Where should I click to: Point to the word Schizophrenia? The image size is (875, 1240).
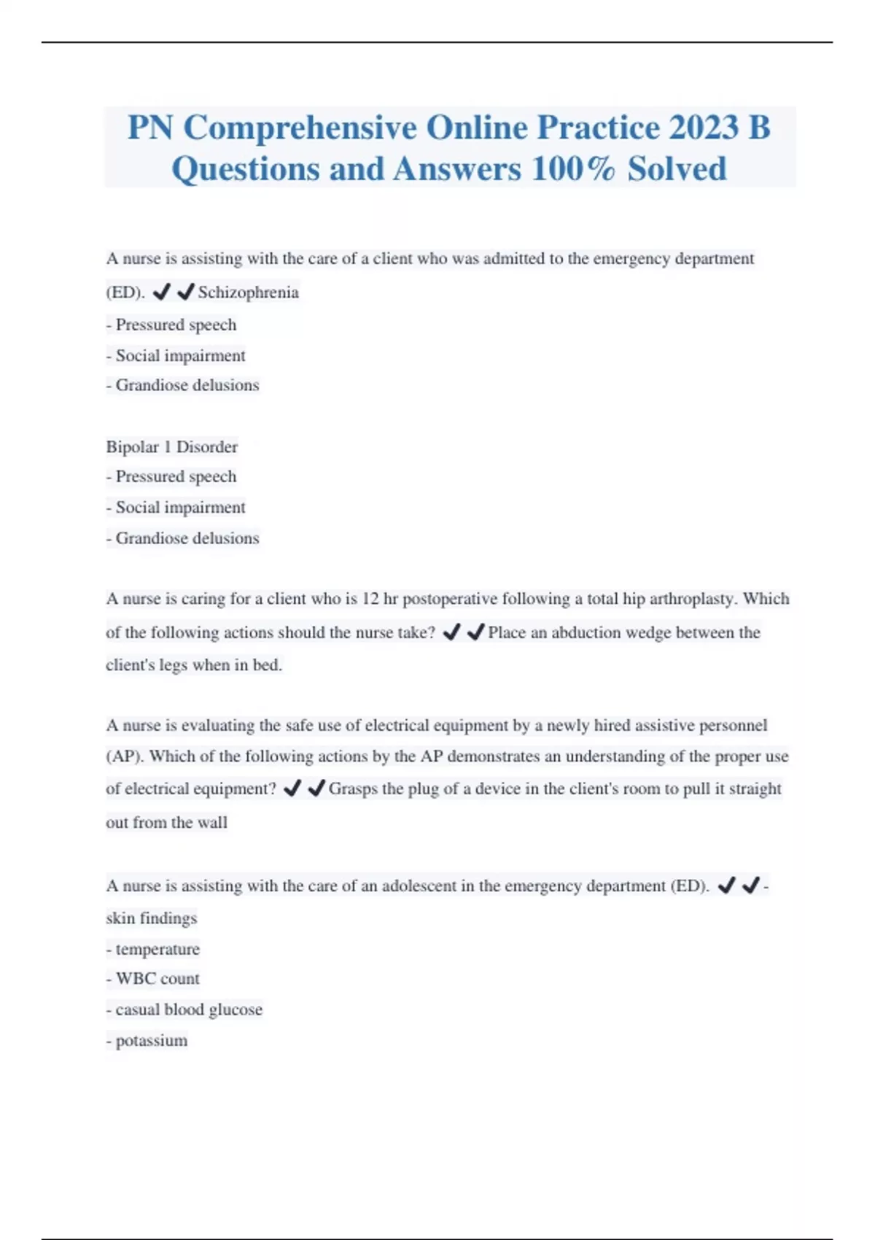pyautogui.click(x=248, y=292)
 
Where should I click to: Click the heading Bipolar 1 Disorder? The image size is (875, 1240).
pyautogui.click(x=171, y=446)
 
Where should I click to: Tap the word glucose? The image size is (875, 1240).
pyautogui.click(x=235, y=1010)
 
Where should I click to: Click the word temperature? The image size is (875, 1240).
pyautogui.click(x=157, y=949)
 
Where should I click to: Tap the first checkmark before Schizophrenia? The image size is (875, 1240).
pyautogui.click(x=161, y=292)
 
